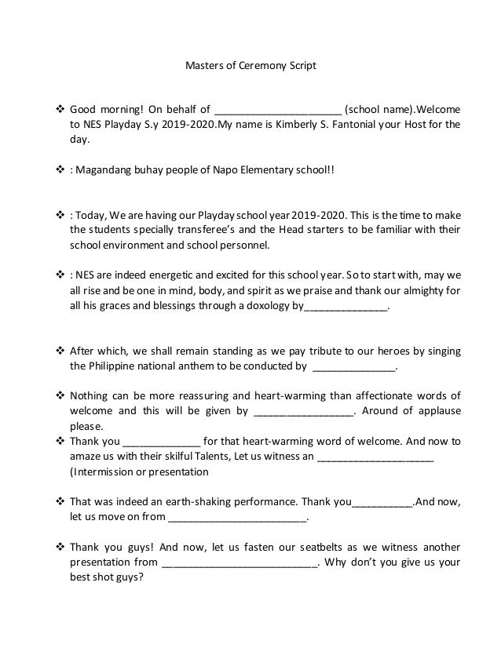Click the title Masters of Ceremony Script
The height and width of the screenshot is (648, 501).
pyautogui.click(x=250, y=66)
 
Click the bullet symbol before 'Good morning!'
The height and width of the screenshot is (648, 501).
pyautogui.click(x=60, y=109)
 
